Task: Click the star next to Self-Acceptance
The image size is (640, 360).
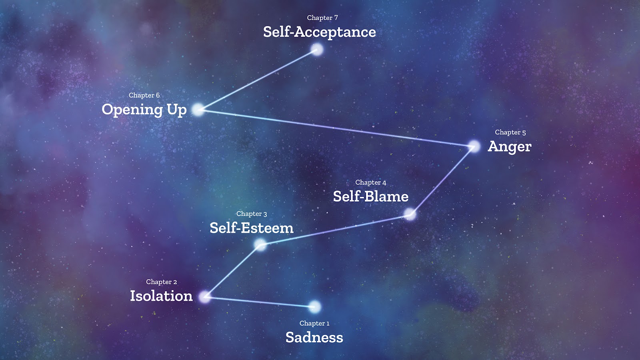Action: [x=317, y=50]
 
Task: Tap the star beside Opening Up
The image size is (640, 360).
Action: [x=198, y=109]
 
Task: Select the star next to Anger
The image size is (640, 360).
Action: [x=474, y=146]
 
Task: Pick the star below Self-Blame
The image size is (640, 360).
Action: [x=410, y=214]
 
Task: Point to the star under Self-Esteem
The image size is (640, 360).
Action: [x=260, y=244]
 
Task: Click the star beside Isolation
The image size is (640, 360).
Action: [x=205, y=297]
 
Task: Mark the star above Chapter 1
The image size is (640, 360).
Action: [x=315, y=307]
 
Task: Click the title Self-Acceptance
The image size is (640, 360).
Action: [x=319, y=32]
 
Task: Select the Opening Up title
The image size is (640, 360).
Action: [x=144, y=110]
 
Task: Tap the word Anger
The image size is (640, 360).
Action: [x=509, y=147]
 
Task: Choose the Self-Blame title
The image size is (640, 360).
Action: [x=370, y=196]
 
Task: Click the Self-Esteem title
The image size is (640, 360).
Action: [x=251, y=228]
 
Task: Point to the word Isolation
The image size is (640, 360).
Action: [x=161, y=296]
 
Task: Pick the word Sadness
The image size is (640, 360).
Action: [x=314, y=337]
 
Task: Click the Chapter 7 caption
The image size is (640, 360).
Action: [x=322, y=18]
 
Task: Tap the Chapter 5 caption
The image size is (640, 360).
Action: [x=510, y=132]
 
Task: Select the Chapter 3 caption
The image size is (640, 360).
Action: [x=251, y=214]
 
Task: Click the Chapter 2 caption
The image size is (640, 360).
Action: [x=161, y=282]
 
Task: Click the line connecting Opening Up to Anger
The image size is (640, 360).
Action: [x=336, y=128]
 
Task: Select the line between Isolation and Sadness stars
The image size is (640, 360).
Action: [x=260, y=302]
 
